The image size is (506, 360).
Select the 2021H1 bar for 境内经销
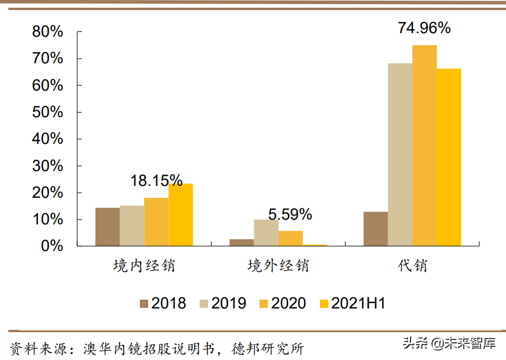coord(180,215)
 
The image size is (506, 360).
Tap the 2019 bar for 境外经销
coord(265,233)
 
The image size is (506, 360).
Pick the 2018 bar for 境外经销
coord(241,242)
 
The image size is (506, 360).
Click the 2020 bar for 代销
coord(424,146)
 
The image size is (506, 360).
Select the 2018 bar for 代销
coord(376,229)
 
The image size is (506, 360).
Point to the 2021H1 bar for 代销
coord(449,157)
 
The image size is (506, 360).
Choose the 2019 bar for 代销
coord(400,155)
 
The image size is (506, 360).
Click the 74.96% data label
coord(424,28)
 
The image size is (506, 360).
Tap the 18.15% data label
coord(156,181)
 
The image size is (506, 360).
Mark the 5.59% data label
coord(290,214)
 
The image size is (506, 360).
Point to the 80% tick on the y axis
coord(48,31)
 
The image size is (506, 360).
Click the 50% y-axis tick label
coord(48,112)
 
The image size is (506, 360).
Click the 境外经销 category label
coord(278,265)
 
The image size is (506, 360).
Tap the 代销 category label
coord(412,265)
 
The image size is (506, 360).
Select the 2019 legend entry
coord(223,304)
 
